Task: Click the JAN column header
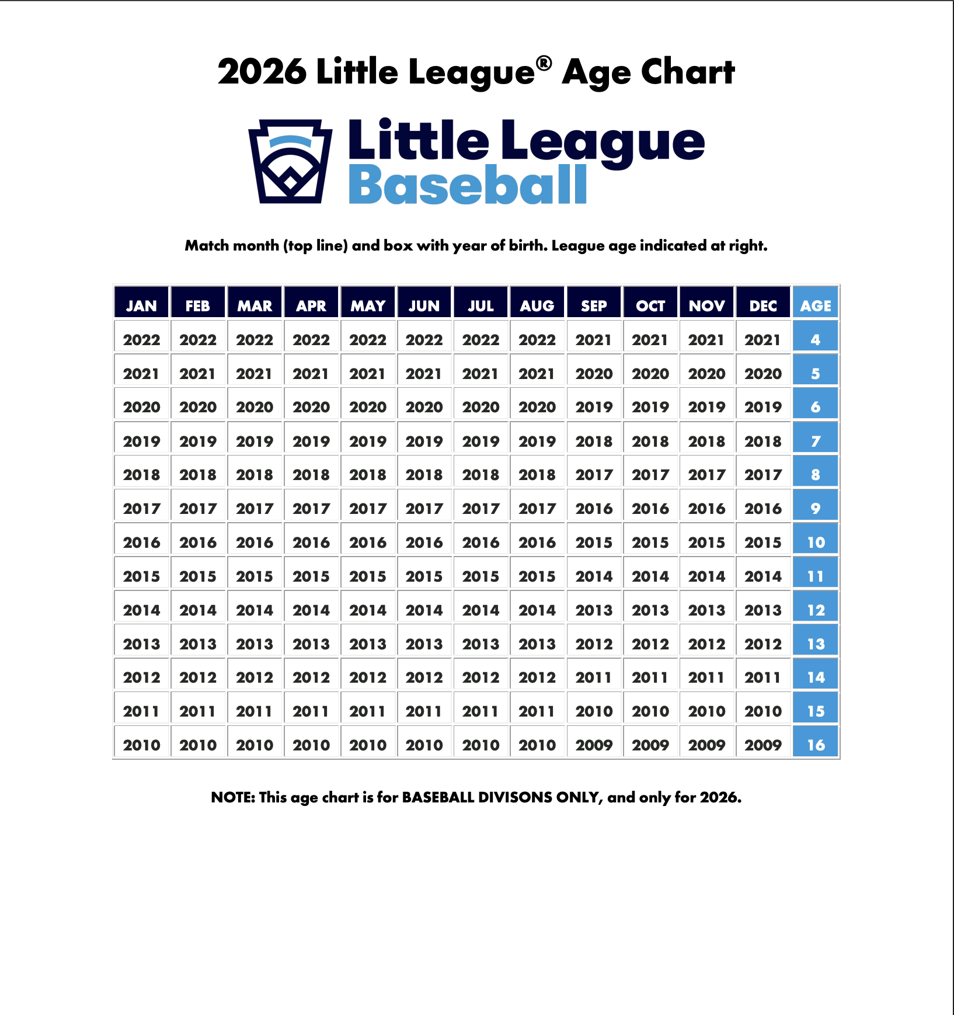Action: (141, 305)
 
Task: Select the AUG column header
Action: (537, 305)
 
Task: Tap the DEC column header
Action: (763, 305)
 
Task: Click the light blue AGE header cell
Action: (816, 305)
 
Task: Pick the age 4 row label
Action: (816, 339)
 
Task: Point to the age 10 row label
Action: (816, 542)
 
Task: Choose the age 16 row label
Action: (816, 745)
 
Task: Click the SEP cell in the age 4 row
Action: (594, 339)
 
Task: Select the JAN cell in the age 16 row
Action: (141, 745)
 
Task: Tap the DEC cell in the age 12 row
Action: (763, 610)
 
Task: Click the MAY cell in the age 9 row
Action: (368, 508)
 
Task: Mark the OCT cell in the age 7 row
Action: (650, 441)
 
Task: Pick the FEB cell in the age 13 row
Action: (198, 644)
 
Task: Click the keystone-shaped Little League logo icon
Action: (290, 161)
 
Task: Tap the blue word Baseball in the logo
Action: (468, 185)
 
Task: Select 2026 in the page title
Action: (262, 72)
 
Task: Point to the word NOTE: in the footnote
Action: (233, 797)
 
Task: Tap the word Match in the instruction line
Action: (207, 246)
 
